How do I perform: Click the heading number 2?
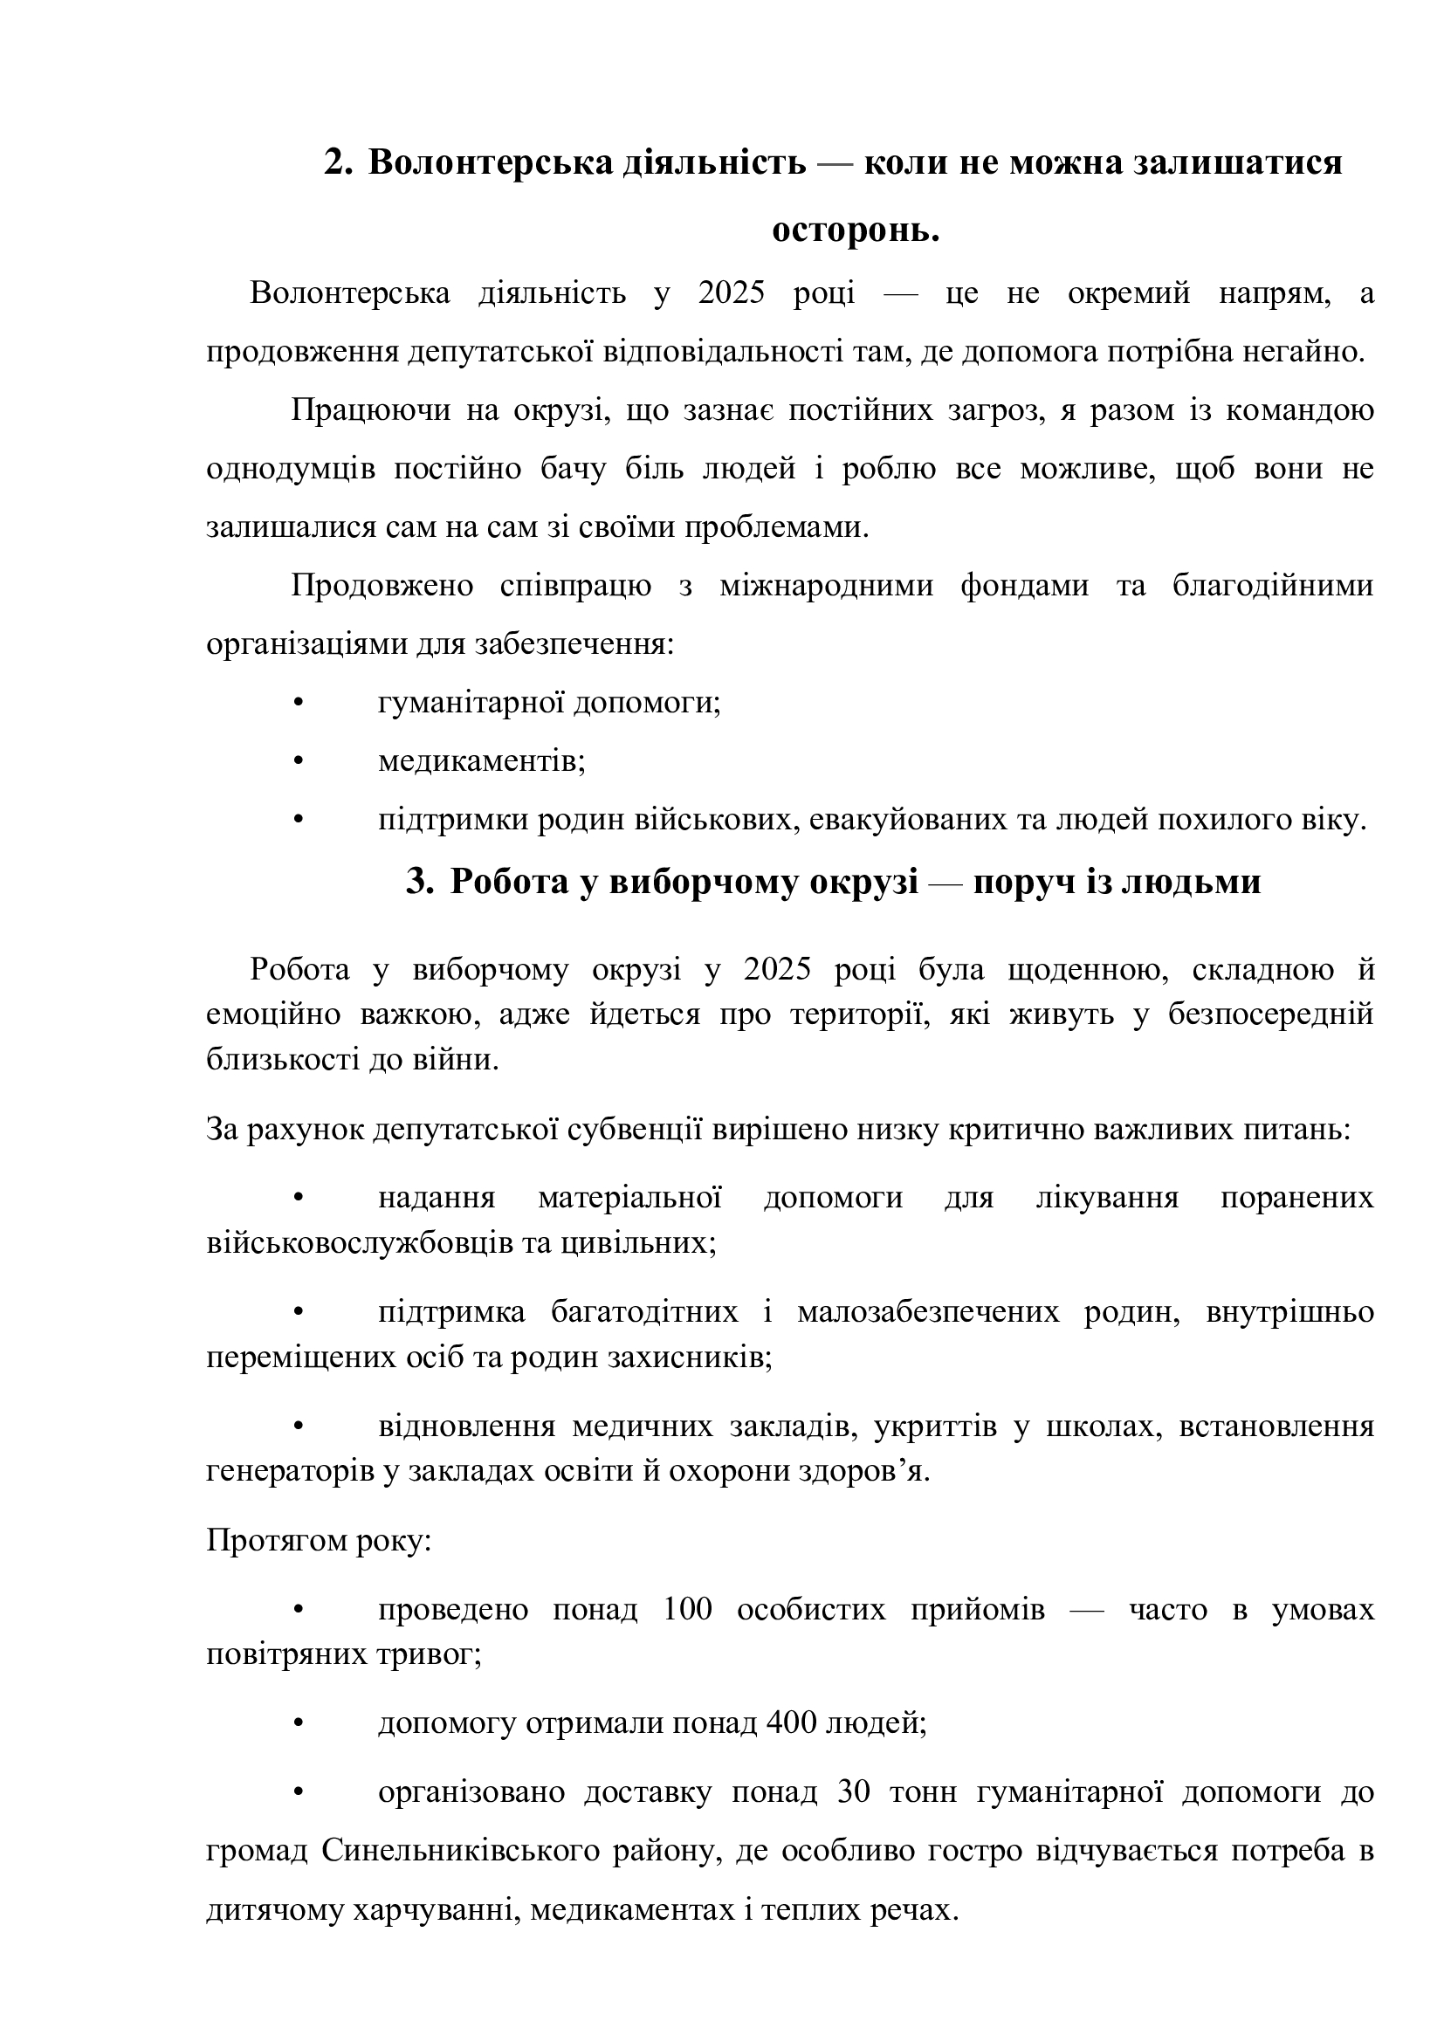[x=337, y=162]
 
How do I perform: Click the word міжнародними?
[x=826, y=586]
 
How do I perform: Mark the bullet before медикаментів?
[x=299, y=761]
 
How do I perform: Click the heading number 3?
[x=419, y=882]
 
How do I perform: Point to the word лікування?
[x=1107, y=1198]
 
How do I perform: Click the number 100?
[x=687, y=1609]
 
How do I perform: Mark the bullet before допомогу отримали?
[x=299, y=1722]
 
